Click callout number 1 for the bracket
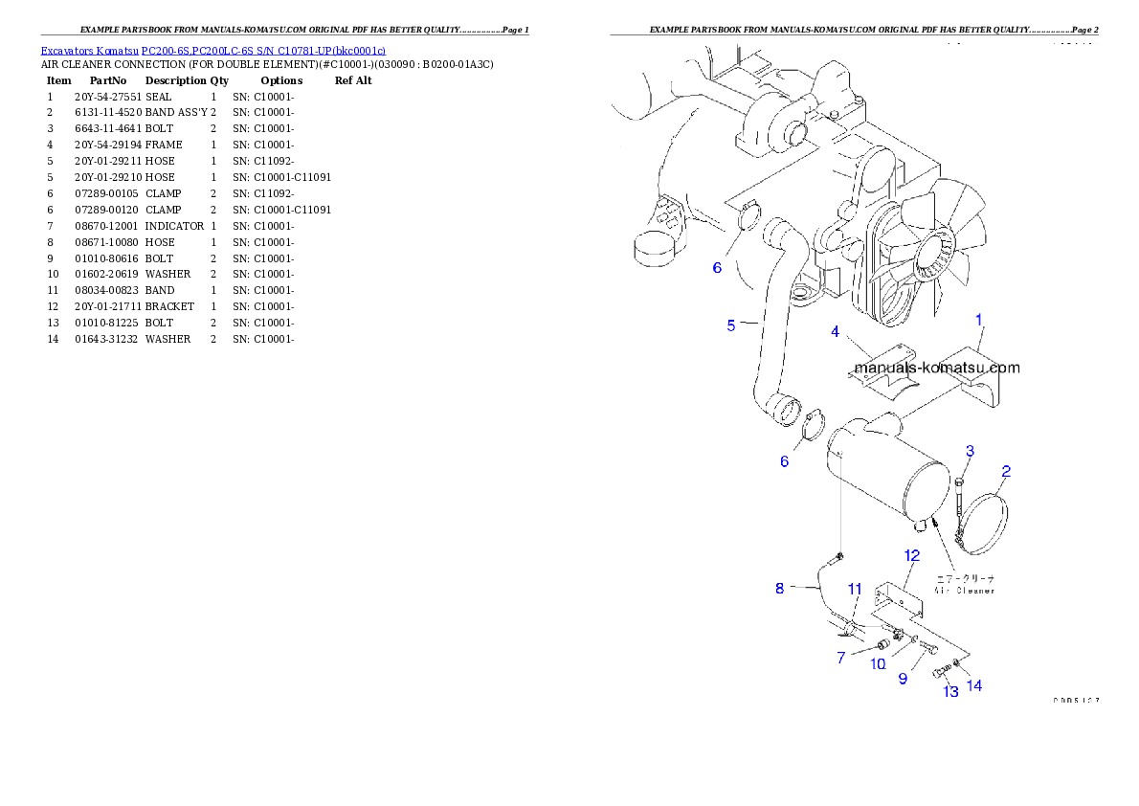click(978, 319)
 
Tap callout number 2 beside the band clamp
click(1006, 472)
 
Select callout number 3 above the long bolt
click(970, 451)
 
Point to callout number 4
click(836, 332)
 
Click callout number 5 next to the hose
click(731, 325)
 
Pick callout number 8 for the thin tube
click(779, 589)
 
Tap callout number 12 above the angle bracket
click(911, 555)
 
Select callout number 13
click(949, 692)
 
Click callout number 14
click(974, 685)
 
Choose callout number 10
click(878, 664)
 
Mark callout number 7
click(841, 659)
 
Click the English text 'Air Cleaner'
click(964, 591)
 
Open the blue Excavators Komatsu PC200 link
click(212, 50)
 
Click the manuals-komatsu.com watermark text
click(936, 368)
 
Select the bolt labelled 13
click(939, 672)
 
